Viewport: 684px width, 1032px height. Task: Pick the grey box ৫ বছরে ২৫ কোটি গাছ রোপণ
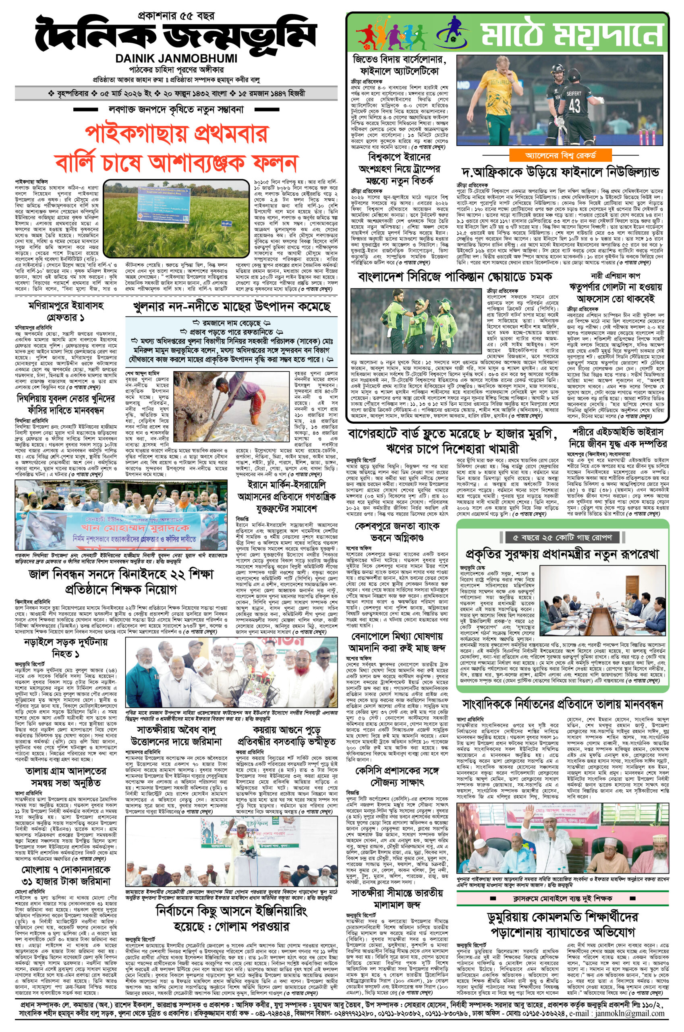click(563, 537)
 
